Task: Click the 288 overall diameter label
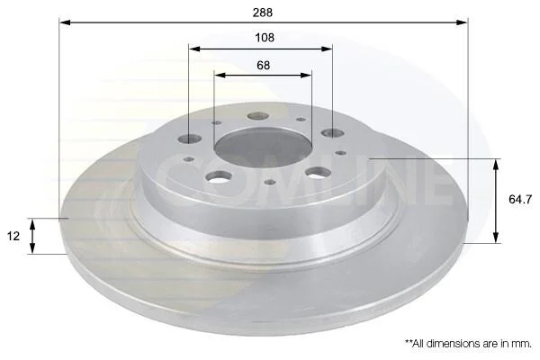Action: [263, 13]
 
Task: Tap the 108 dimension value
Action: [265, 37]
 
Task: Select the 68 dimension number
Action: [264, 65]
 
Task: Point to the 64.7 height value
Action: [520, 200]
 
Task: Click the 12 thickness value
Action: [13, 236]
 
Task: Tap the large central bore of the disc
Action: [263, 148]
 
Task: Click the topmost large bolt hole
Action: [258, 116]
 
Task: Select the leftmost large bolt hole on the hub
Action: [190, 139]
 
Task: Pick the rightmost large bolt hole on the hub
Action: [333, 133]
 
